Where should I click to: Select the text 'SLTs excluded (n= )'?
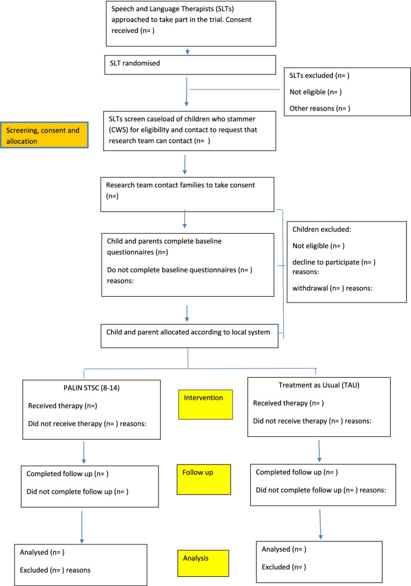point(321,76)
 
